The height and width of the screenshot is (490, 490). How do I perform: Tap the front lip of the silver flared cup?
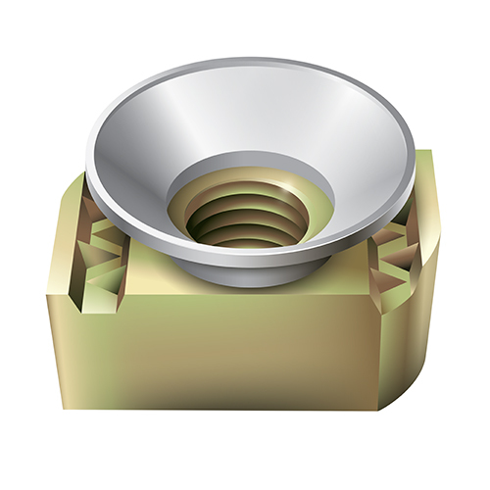tap(245, 257)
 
